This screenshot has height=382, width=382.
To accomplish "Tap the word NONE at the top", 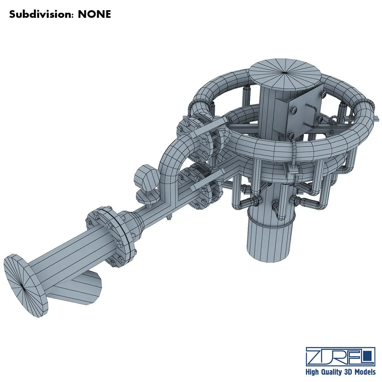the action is [94, 14].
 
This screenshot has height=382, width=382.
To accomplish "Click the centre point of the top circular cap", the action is [285, 74].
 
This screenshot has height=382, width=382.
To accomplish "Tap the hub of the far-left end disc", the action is [23, 287].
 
